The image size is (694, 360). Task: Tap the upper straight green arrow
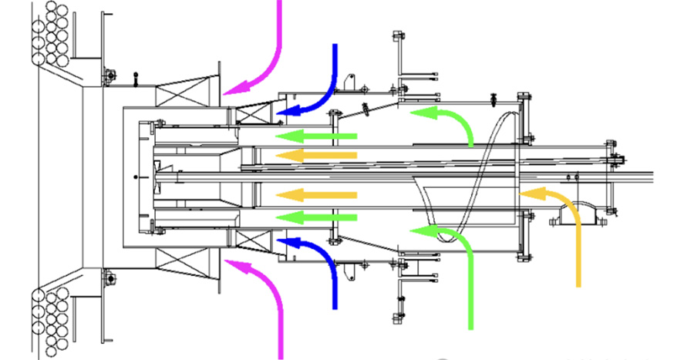pos(316,136)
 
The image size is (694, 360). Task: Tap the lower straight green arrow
pos(316,217)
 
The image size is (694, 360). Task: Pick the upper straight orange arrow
pos(316,156)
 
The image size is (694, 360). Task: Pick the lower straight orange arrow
pos(316,196)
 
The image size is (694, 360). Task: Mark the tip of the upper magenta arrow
pos(226,91)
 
